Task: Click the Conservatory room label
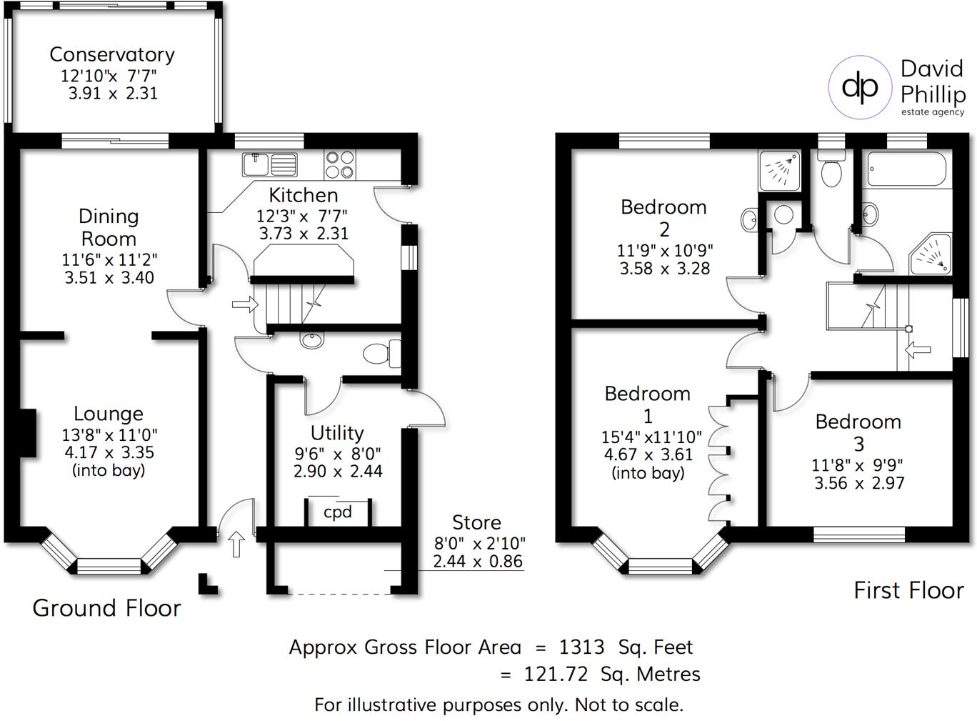point(112,55)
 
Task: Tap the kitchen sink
point(269,164)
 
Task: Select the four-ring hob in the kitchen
point(340,164)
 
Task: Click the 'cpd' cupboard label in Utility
point(338,512)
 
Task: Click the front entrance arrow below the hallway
point(236,544)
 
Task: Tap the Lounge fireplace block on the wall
point(28,433)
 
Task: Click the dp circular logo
point(860,87)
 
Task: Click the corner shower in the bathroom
point(931,255)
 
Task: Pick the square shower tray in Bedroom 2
point(779,171)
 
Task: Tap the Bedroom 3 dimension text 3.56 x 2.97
point(858,484)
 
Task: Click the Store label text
point(476,522)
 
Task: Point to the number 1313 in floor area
point(581,647)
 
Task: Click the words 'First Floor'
point(908,590)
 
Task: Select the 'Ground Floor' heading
point(107,608)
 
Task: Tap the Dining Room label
point(109,227)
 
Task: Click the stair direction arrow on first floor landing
point(918,349)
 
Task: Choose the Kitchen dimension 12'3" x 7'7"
point(302,216)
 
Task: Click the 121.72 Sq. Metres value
point(612,675)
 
